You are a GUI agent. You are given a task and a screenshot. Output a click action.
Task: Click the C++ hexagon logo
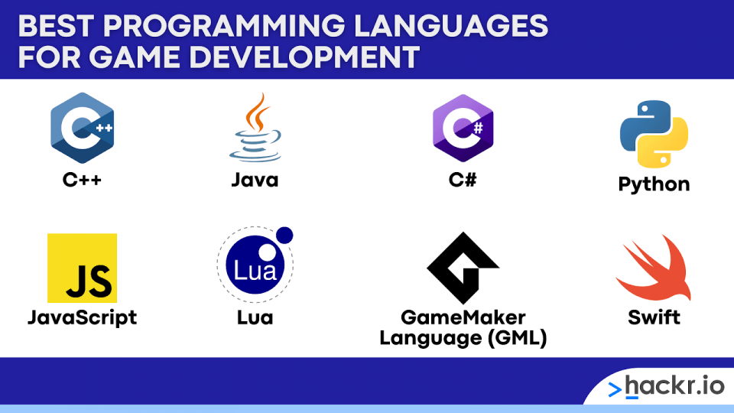point(83,128)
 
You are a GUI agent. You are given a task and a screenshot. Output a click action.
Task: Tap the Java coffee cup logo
point(255,128)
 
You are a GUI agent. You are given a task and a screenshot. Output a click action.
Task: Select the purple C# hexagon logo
point(463,128)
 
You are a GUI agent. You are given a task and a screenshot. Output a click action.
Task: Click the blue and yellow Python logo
point(654,134)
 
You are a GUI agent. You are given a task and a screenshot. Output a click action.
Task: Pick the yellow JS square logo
point(82,268)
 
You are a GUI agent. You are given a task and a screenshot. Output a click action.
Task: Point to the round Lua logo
point(255,265)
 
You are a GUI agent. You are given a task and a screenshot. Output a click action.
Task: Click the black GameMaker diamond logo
point(463,268)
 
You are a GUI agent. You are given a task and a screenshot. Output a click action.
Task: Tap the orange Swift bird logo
point(654,268)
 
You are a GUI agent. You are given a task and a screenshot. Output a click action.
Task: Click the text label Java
point(255,180)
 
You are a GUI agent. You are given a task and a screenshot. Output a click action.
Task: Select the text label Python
point(654,184)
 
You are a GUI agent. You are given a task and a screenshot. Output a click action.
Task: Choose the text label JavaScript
point(83,318)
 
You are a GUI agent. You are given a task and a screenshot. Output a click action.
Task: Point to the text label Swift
point(654,317)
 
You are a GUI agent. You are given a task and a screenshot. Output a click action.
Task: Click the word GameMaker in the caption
point(463,317)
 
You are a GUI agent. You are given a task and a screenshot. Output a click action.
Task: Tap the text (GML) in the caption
point(517,338)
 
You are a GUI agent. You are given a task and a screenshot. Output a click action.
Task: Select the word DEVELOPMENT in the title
point(304,57)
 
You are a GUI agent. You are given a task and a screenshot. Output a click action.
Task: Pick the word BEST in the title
point(55,26)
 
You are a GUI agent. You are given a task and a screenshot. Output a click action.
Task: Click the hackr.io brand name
point(674,386)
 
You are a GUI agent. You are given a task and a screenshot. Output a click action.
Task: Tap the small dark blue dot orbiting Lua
point(284,236)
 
